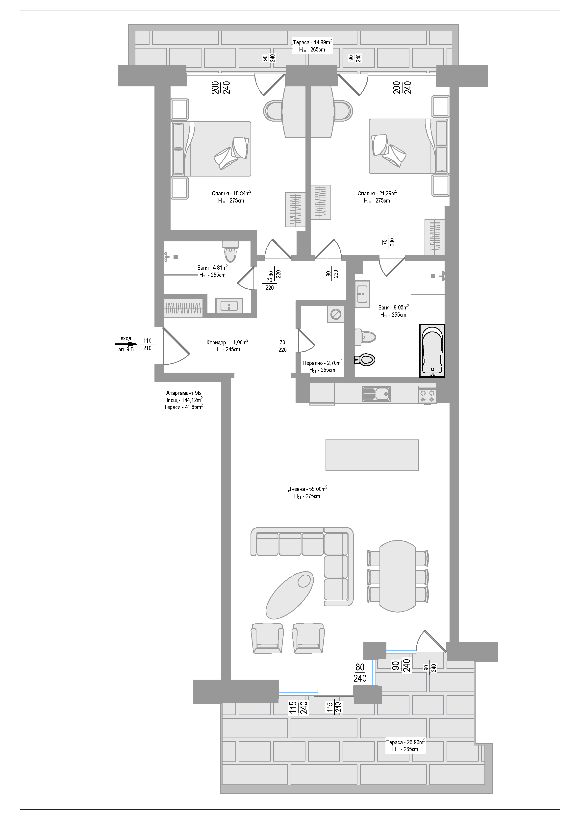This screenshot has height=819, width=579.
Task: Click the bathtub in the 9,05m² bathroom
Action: (432, 350)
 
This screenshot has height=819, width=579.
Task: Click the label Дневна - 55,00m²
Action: (307, 489)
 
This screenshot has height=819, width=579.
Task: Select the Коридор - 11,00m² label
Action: (227, 342)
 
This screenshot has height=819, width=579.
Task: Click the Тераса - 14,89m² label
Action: (312, 42)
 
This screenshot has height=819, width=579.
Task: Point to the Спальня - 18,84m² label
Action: (231, 193)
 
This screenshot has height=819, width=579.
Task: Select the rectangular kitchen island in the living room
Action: (372, 455)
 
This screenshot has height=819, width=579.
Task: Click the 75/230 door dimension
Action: (388, 242)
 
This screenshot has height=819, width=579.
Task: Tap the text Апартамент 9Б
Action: (183, 393)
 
